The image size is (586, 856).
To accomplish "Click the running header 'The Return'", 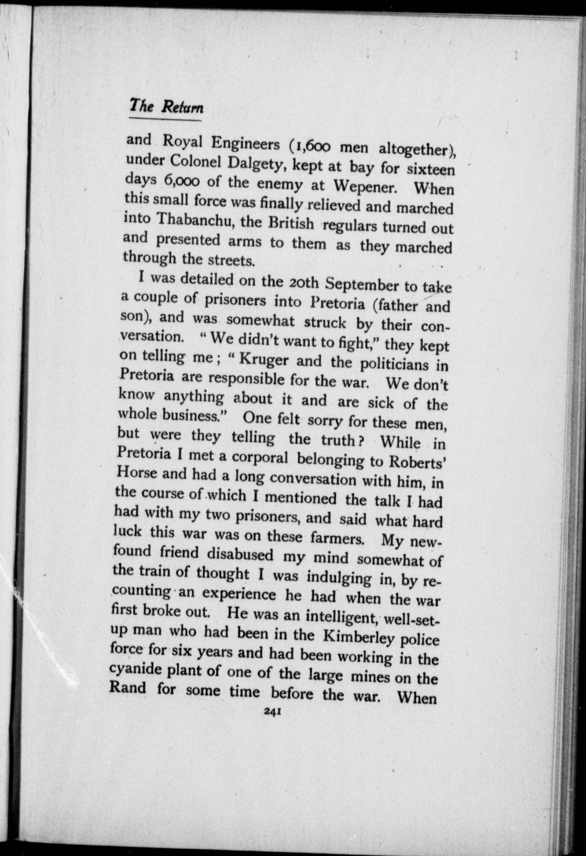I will pos(166,106).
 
